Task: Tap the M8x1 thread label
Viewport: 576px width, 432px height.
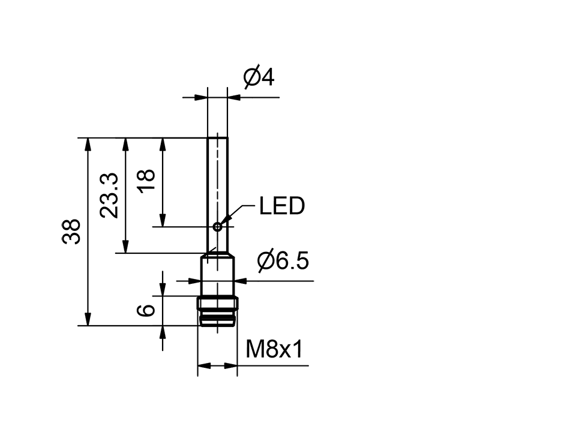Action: (274, 349)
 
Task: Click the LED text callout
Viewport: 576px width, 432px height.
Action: (281, 206)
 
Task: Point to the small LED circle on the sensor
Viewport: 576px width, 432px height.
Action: (217, 226)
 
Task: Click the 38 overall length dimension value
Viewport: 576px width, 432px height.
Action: (71, 232)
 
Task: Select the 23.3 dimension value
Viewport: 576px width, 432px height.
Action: (109, 196)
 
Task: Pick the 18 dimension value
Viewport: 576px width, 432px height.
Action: (146, 181)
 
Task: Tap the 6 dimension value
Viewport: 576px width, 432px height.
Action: (146, 310)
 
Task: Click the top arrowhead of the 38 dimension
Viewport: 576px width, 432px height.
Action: (89, 144)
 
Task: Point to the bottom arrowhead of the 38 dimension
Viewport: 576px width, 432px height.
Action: (89, 320)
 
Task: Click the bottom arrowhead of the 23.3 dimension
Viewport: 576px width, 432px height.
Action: (125, 247)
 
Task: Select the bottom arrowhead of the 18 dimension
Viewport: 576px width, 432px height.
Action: (162, 220)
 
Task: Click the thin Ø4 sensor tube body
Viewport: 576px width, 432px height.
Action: (217, 180)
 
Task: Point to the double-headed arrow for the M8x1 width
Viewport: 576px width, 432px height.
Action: (217, 365)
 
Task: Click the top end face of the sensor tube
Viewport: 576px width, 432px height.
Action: (217, 138)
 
